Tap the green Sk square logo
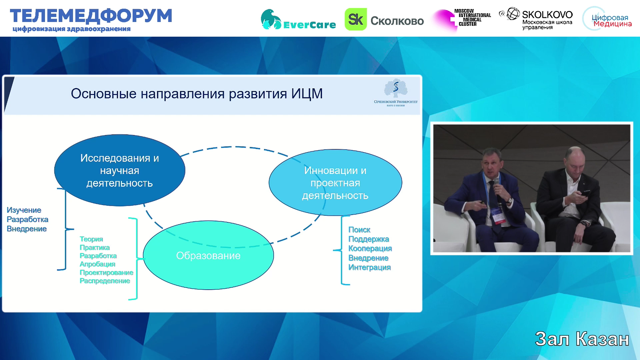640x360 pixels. pos(355,19)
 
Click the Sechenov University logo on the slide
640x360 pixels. pos(396,93)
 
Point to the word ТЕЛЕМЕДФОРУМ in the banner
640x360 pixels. pos(91,16)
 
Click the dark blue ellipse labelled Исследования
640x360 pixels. pos(120,170)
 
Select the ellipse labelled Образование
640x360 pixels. pos(208,255)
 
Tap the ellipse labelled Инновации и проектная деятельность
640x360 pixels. pos(335,183)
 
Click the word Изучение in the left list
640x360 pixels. pos(24,210)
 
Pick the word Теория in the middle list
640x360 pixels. pos(91,239)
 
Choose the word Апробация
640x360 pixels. pos(97,264)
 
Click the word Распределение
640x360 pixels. pos(105,281)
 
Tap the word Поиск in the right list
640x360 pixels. pos(359,230)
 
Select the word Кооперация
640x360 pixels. pos(370,248)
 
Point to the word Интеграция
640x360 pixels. pos(369,267)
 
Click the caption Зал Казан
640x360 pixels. pos(582,339)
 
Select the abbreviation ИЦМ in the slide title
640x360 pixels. pos(307,94)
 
